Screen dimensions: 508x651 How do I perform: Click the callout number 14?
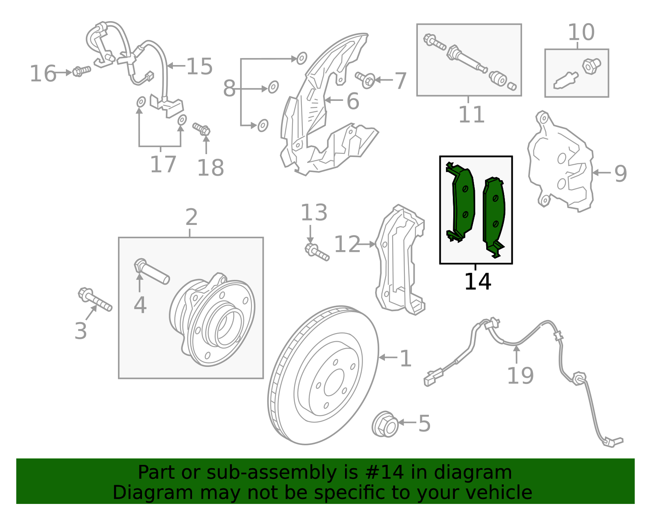click(477, 281)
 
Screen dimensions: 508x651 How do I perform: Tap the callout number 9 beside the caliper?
click(620, 173)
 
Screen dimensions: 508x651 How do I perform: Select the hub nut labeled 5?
click(384, 424)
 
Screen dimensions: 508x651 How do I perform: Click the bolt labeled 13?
click(317, 251)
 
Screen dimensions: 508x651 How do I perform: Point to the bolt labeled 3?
click(94, 300)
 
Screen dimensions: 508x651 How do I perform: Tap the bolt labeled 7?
click(365, 78)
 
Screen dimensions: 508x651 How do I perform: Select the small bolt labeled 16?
click(81, 72)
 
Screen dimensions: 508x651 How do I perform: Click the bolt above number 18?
click(202, 129)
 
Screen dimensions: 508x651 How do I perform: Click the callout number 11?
click(471, 115)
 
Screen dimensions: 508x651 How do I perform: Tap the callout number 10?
click(581, 32)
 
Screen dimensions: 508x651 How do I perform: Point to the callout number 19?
click(520, 375)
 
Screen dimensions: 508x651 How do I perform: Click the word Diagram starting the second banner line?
click(136, 493)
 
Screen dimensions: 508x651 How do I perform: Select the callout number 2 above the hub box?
click(191, 218)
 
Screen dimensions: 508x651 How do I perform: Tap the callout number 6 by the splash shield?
click(353, 101)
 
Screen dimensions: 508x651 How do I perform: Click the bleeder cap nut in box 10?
click(591, 65)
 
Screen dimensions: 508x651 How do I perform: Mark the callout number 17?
click(163, 165)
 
